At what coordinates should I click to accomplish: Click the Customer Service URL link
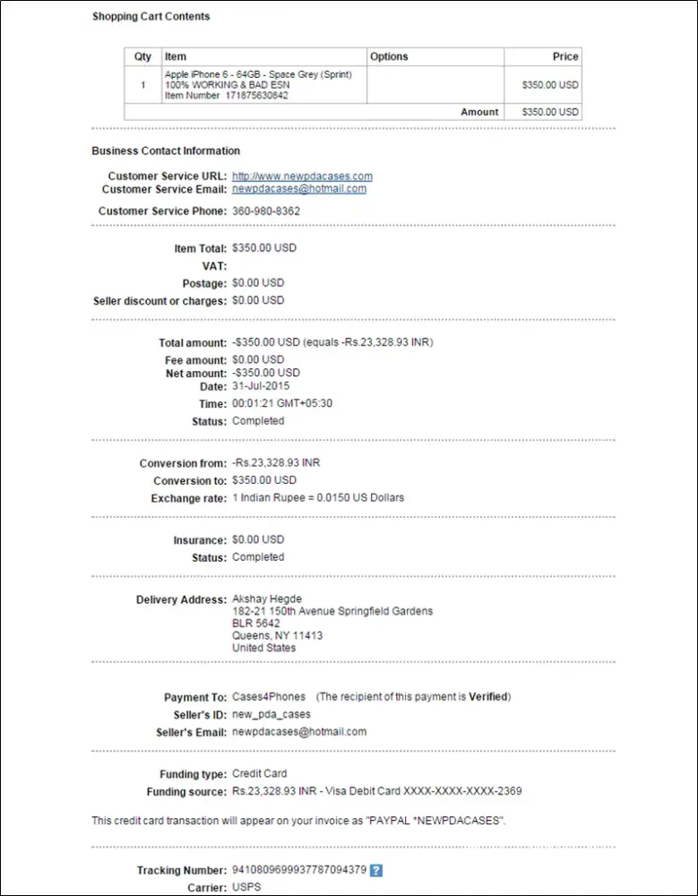point(302,177)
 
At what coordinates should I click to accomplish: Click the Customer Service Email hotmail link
point(299,189)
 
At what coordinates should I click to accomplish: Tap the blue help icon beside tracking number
point(376,870)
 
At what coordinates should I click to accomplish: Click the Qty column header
point(142,56)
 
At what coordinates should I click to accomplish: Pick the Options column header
point(389,56)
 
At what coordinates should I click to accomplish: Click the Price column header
point(565,56)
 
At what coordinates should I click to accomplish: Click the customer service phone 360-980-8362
point(266,211)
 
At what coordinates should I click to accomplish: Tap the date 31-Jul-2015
point(261,386)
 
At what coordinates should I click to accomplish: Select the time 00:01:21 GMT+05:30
point(282,404)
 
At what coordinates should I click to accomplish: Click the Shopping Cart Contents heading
point(151,16)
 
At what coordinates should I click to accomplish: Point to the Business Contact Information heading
point(166,151)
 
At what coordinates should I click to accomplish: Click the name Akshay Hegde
point(267,599)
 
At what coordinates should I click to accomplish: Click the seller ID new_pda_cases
point(271,714)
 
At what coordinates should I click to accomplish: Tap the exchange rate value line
point(318,497)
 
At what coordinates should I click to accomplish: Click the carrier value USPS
point(245,887)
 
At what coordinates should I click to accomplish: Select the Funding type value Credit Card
point(260,773)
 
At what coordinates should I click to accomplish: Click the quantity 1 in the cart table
point(142,85)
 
